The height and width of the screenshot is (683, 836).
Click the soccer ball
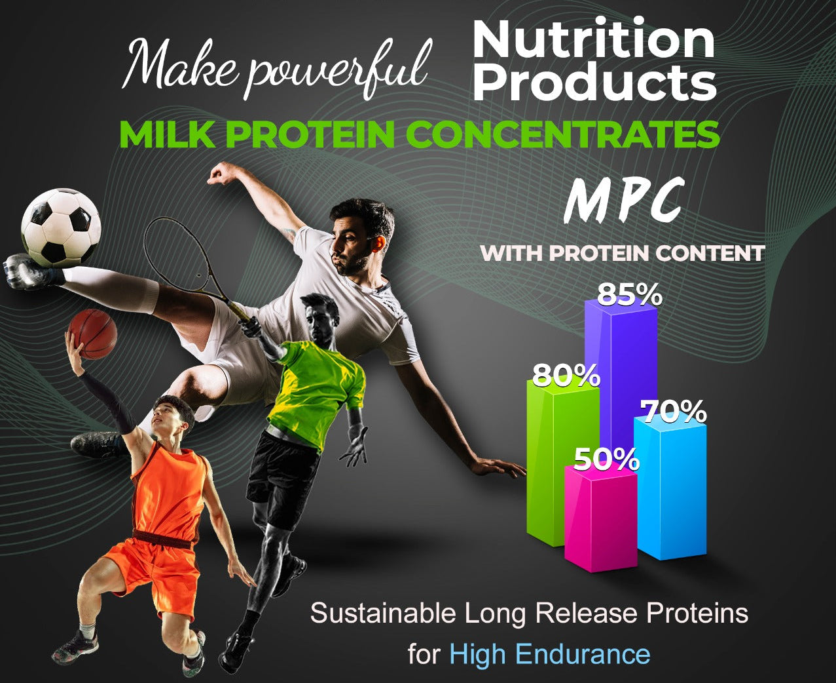click(x=61, y=228)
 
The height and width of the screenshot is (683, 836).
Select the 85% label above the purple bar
click(x=630, y=295)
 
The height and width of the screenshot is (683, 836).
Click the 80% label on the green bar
click(x=566, y=376)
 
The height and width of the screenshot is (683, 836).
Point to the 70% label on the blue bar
click(x=674, y=412)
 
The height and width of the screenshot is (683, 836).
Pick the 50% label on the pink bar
click(x=606, y=459)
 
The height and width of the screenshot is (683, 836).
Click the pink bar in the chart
click(x=600, y=518)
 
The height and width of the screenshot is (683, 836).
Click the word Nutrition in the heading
click(x=593, y=39)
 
